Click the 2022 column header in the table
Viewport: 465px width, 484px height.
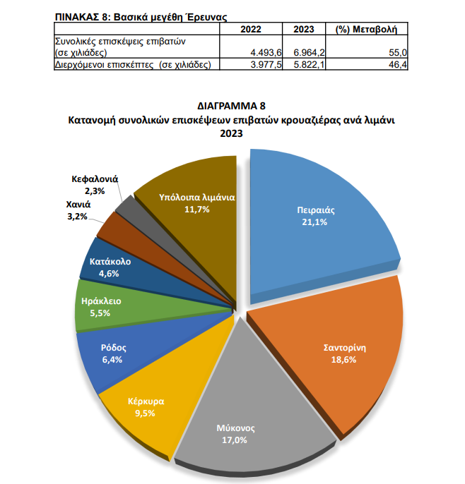251,30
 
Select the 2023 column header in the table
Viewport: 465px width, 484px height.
303,30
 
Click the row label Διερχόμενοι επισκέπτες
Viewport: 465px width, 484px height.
134,64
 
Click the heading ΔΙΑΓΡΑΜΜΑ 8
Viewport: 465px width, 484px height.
231,107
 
